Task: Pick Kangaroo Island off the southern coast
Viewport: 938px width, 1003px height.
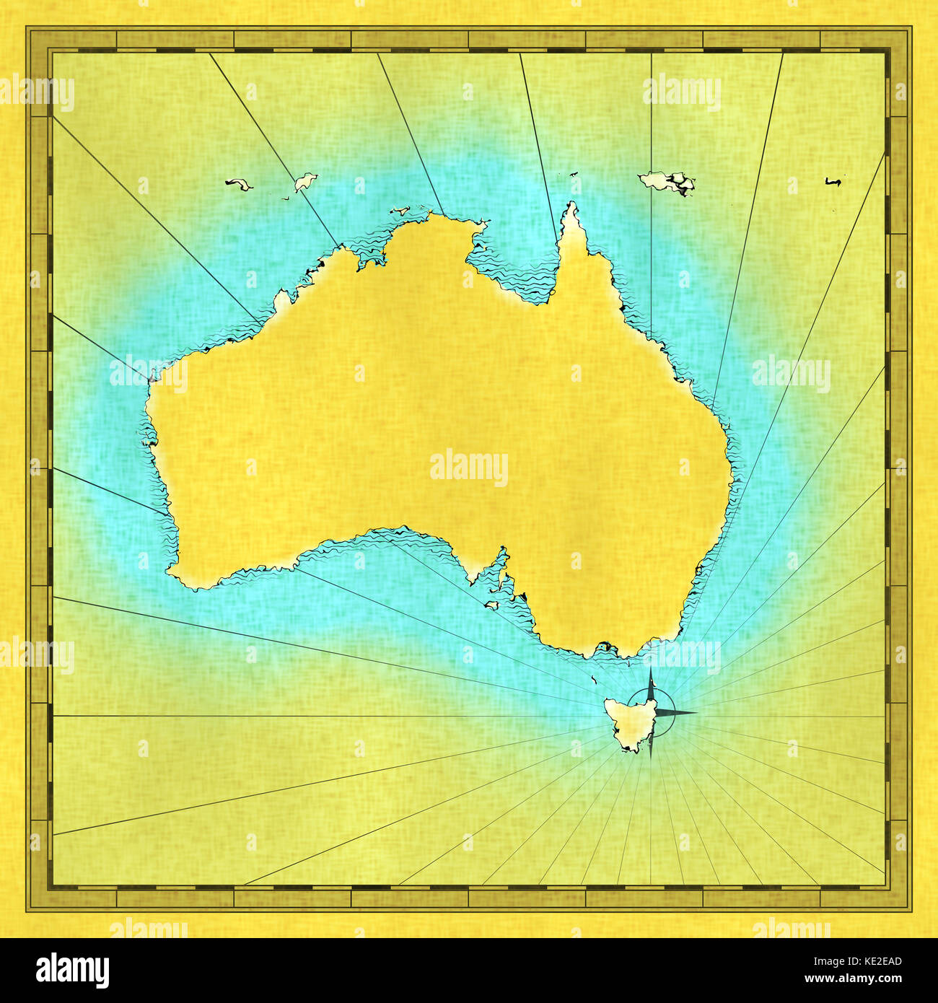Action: pos(493,605)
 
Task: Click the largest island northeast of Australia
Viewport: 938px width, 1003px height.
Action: pos(668,181)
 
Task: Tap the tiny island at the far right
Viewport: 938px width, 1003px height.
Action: pos(833,183)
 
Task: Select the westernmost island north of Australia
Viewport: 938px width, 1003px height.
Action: pos(238,185)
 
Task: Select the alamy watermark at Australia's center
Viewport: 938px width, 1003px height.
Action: pos(469,467)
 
